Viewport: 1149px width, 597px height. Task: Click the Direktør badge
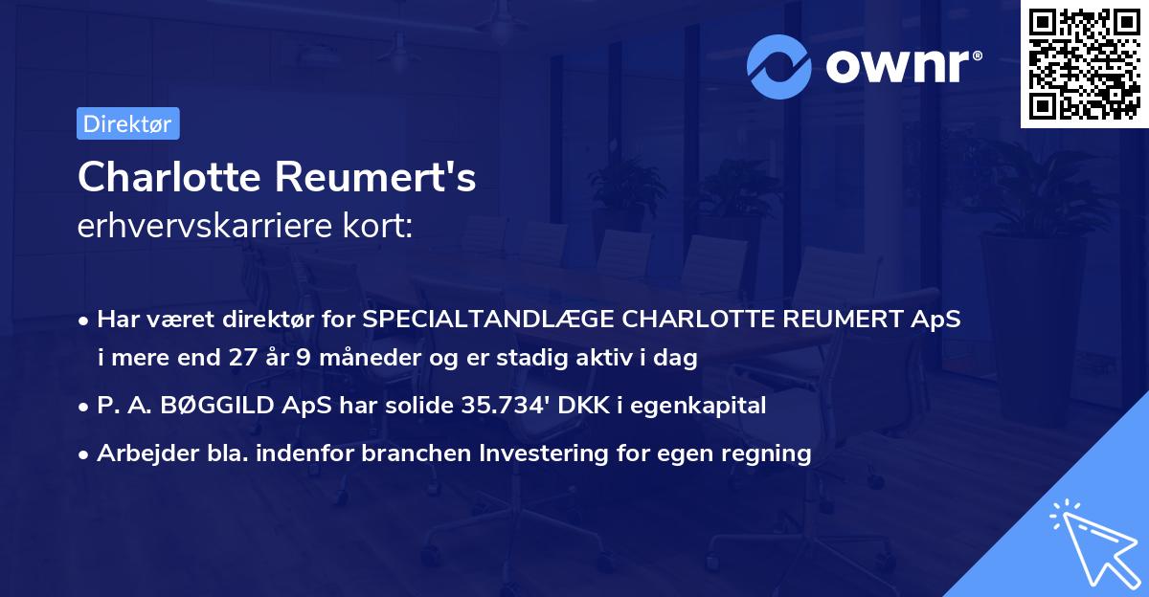click(x=127, y=123)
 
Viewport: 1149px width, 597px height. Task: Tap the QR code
click(x=1084, y=64)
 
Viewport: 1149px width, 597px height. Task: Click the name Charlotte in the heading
click(x=170, y=177)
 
